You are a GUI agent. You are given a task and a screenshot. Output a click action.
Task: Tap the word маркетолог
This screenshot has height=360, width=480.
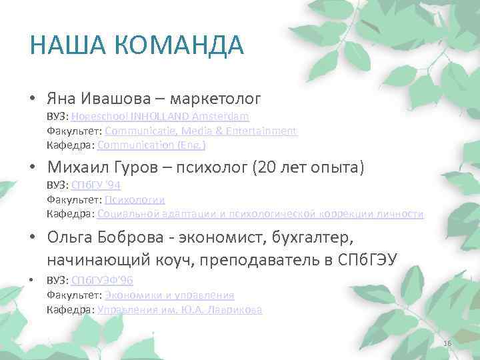[215, 99]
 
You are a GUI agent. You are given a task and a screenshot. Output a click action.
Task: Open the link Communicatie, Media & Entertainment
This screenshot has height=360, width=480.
[201, 131]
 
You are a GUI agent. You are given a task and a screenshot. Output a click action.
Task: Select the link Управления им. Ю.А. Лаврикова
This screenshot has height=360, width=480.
[179, 309]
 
